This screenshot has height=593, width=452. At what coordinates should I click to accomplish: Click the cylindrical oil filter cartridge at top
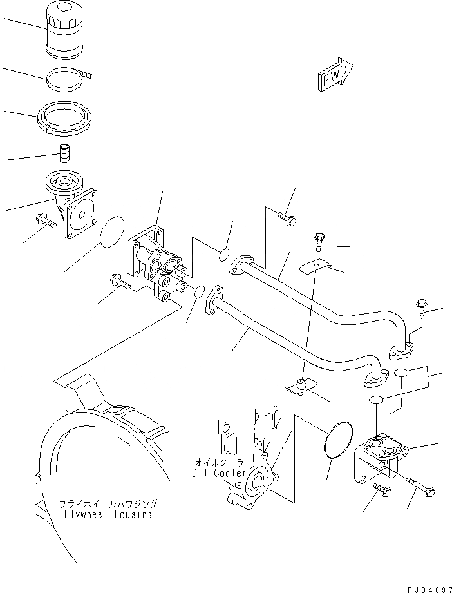coord(66,33)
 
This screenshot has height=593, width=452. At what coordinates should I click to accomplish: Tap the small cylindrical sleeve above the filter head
coord(64,155)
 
